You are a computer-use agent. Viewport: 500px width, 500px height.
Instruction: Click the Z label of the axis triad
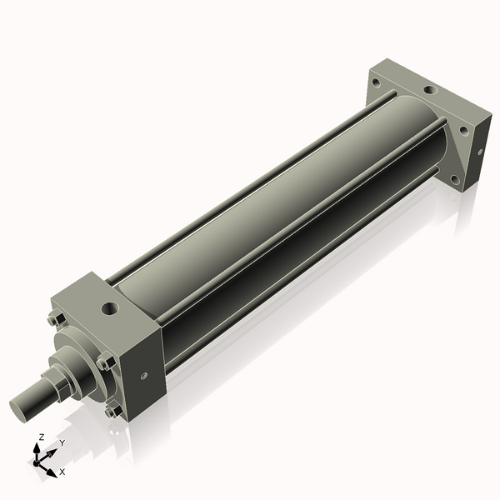tap(42, 437)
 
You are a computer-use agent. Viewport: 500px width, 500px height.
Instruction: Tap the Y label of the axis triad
tap(62, 442)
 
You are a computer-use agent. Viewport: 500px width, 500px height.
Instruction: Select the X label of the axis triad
tap(62, 472)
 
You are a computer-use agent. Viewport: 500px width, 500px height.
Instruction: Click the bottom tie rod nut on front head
tap(111, 411)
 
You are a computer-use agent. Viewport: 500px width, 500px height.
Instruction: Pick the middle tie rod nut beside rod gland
tap(104, 362)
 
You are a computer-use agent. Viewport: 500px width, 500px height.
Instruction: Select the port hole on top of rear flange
tap(430, 90)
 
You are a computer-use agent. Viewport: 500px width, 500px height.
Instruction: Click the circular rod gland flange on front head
tap(79, 358)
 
